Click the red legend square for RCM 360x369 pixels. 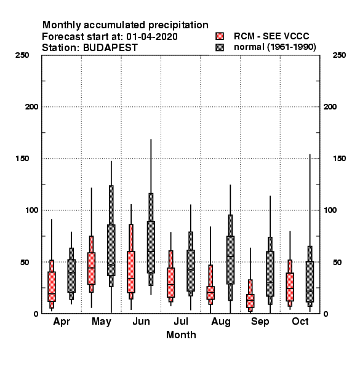pyautogui.click(x=220, y=36)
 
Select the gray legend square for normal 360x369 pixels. pyautogui.click(x=220, y=47)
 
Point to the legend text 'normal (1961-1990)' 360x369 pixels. pyautogui.click(x=275, y=47)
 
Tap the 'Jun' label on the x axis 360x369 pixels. pyautogui.click(x=142, y=321)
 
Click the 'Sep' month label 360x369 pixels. pyautogui.click(x=260, y=322)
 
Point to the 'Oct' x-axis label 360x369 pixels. pyautogui.click(x=300, y=321)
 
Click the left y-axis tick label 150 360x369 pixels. pyautogui.click(x=22, y=159)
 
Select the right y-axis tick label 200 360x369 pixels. pyautogui.click(x=330, y=107)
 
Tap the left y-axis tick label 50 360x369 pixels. pyautogui.click(x=25, y=262)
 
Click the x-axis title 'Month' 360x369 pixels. pyautogui.click(x=181, y=335)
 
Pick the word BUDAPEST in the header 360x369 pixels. pyautogui.click(x=110, y=48)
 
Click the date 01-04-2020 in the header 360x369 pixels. pyautogui.click(x=152, y=37)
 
